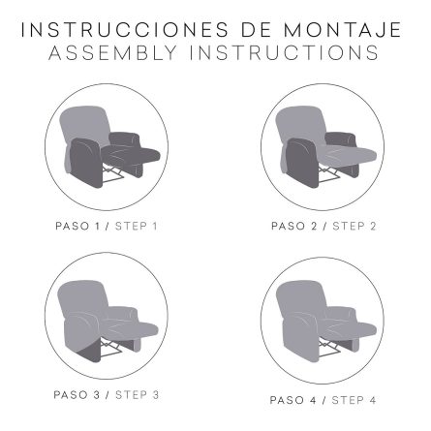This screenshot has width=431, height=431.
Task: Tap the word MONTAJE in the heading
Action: tap(342, 30)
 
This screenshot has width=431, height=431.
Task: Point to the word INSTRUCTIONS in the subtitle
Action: tap(284, 52)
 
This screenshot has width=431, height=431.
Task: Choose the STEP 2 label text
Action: tap(354, 226)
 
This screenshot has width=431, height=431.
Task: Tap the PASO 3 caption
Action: tap(77, 395)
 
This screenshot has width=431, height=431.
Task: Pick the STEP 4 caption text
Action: tap(354, 400)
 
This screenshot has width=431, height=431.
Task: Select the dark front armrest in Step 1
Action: tap(84, 163)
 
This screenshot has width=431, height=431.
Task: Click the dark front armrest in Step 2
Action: tap(301, 163)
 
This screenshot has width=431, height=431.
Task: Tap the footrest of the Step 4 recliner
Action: tap(351, 329)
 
